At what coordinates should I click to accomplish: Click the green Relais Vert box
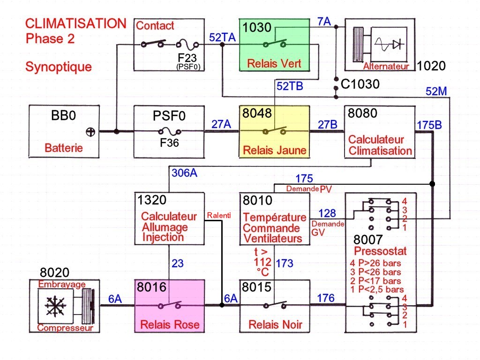pyautogui.click(x=274, y=45)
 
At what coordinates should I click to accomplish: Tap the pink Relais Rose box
pyautogui.click(x=169, y=306)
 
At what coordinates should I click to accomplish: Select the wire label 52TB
pyautogui.click(x=290, y=86)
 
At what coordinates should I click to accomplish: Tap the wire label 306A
pyautogui.click(x=185, y=172)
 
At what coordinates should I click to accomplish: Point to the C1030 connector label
pyautogui.click(x=360, y=85)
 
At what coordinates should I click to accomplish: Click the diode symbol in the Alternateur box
pyautogui.click(x=397, y=45)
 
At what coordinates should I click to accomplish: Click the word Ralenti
pyautogui.click(x=218, y=216)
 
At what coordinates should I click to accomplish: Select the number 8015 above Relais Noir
pyautogui.click(x=257, y=286)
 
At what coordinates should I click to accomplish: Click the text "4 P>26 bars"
pyautogui.click(x=375, y=263)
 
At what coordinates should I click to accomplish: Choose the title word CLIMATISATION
pyautogui.click(x=75, y=23)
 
